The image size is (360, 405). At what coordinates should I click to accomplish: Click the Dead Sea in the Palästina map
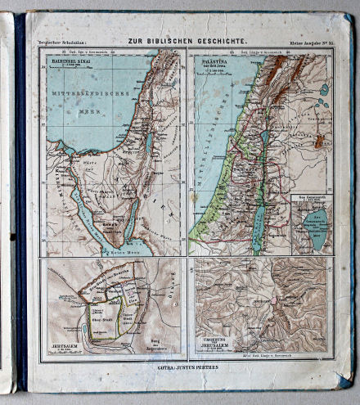260,218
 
